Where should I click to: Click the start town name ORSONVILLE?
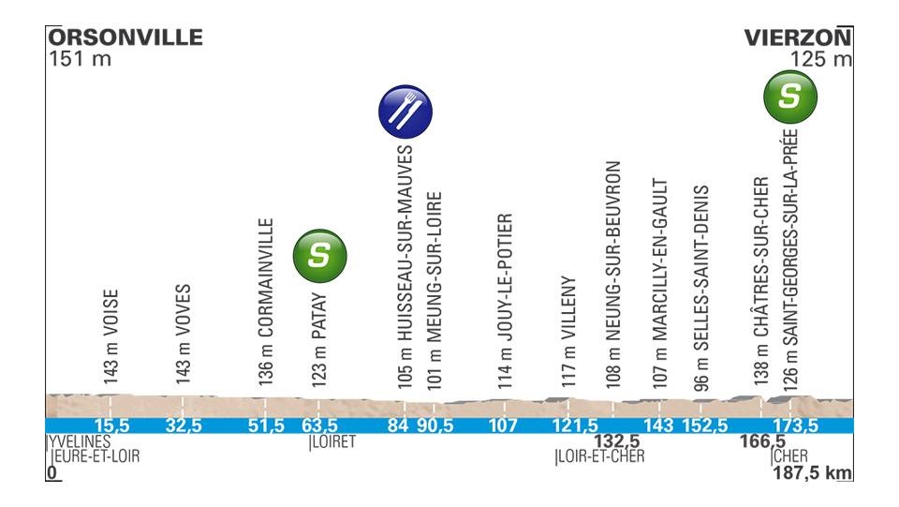tap(125, 37)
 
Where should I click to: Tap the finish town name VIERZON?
tap(798, 37)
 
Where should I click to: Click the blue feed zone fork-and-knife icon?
tap(405, 112)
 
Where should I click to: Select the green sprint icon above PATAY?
tap(320, 253)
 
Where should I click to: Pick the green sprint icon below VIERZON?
tap(790, 96)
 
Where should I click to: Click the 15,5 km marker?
tap(111, 426)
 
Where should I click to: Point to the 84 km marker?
tap(399, 426)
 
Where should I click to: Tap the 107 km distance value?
tap(503, 426)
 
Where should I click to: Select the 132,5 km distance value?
tap(616, 441)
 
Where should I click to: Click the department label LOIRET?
tap(333, 441)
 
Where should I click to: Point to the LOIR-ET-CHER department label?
tap(600, 457)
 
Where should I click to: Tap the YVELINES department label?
tap(80, 441)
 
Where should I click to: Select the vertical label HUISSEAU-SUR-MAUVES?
tap(405, 266)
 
